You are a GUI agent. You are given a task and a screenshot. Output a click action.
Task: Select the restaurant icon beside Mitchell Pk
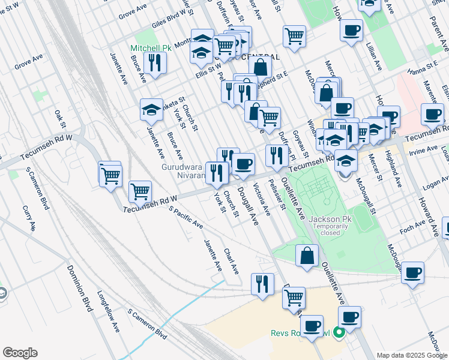tap(155, 62)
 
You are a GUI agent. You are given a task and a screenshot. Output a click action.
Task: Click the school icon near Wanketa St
tap(151, 109)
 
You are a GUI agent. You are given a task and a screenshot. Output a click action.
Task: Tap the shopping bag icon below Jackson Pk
tap(307, 255)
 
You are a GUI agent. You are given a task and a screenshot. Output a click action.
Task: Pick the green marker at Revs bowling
tap(339, 331)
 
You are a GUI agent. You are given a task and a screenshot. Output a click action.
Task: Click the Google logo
tap(20, 352)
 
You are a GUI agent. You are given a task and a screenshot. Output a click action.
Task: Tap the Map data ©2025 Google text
tap(411, 355)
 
